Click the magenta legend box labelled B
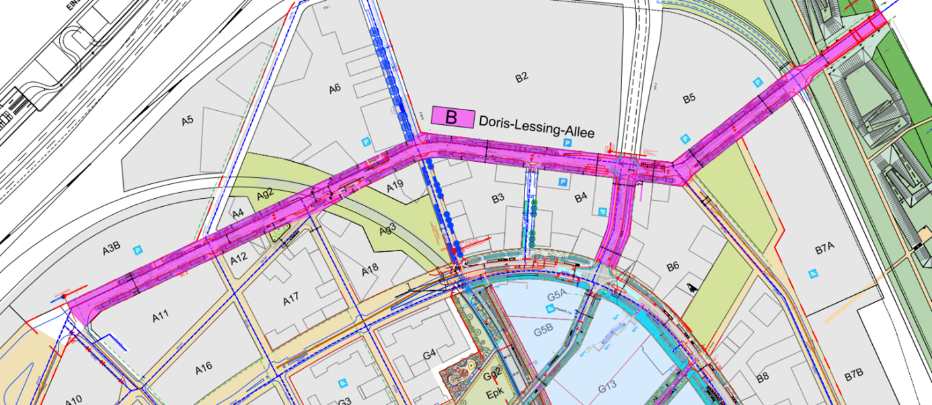pyautogui.click(x=452, y=117)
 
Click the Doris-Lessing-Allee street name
pyautogui.click(x=537, y=128)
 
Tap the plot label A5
pyautogui.click(x=187, y=121)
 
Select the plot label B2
pyautogui.click(x=521, y=77)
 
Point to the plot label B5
pyautogui.click(x=689, y=99)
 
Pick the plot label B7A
pyautogui.click(x=824, y=250)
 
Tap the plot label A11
pyautogui.click(x=160, y=316)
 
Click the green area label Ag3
pyautogui.click(x=387, y=228)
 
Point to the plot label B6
pyautogui.click(x=672, y=267)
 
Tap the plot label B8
pyautogui.click(x=762, y=378)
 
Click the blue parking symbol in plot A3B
pyautogui.click(x=139, y=249)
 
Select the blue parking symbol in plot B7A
pyautogui.click(x=812, y=273)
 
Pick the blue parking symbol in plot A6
pyautogui.click(x=366, y=142)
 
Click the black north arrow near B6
pyautogui.click(x=691, y=287)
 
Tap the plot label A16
pyautogui.click(x=204, y=368)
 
